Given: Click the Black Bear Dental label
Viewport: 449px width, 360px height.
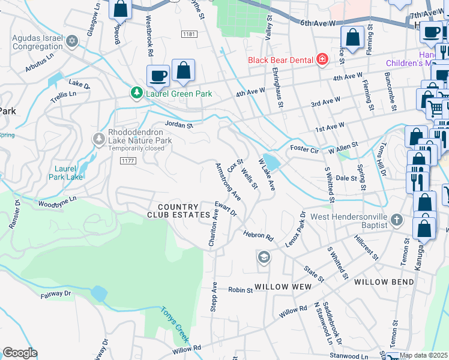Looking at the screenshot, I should click(281, 59).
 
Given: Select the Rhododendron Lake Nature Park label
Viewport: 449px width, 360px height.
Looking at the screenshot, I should click(139, 136).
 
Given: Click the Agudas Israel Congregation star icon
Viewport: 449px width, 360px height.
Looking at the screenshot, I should click(73, 41).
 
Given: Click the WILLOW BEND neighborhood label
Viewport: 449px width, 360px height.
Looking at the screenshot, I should click(384, 281).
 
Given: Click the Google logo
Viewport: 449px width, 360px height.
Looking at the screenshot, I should click(20, 353).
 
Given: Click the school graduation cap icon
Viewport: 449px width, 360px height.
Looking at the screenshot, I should click(264, 257).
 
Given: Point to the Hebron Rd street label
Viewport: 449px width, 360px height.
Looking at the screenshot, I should click(258, 235).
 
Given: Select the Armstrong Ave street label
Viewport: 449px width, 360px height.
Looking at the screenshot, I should click(228, 181).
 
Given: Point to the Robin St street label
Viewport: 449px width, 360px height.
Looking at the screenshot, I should click(240, 290).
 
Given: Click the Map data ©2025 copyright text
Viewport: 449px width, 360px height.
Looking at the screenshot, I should click(424, 355).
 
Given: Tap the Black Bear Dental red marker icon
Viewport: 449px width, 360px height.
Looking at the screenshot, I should click(322, 59).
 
